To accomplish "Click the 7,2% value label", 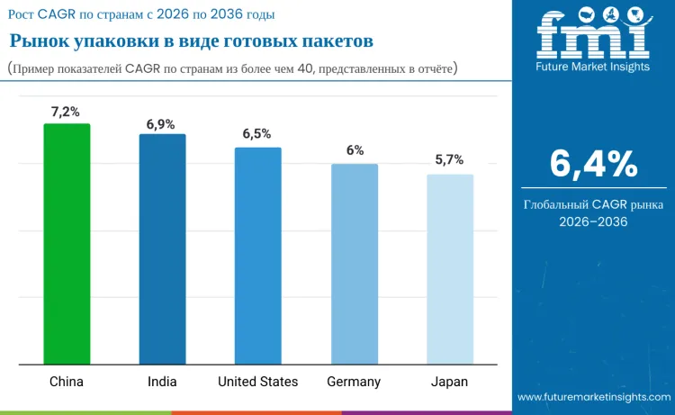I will click(66, 112).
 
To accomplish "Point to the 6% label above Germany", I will click(355, 150).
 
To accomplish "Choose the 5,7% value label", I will click(449, 159).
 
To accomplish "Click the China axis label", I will click(66, 382).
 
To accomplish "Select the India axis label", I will click(162, 382).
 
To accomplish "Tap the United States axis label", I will click(257, 382).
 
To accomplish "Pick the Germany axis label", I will click(354, 382).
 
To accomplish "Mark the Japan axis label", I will click(450, 382).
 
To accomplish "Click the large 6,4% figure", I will click(594, 164).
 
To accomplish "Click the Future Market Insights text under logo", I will click(592, 67).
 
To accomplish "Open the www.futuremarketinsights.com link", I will click(594, 397).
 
